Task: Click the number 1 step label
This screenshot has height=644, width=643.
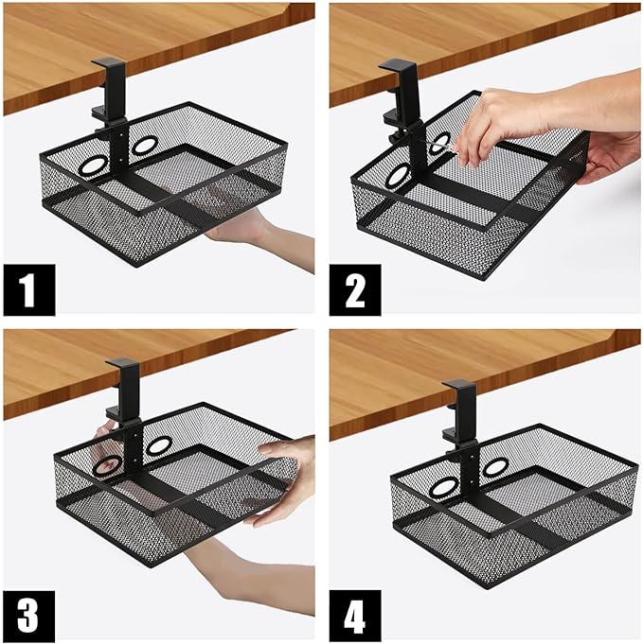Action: [29, 290]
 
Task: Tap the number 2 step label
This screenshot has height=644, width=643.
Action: [355, 290]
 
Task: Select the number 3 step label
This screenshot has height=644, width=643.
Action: [29, 616]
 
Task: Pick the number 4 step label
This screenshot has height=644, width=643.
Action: [355, 616]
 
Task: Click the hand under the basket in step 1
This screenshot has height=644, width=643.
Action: [247, 230]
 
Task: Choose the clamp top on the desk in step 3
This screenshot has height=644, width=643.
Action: [123, 362]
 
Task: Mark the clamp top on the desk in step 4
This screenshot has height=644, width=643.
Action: [458, 385]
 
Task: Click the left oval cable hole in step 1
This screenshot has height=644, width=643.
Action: [93, 166]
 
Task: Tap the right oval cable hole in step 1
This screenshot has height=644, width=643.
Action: [144, 145]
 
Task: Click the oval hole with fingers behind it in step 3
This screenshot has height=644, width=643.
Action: [107, 466]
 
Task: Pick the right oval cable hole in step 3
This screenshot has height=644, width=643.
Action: [160, 444]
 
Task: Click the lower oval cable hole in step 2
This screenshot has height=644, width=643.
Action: [398, 176]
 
